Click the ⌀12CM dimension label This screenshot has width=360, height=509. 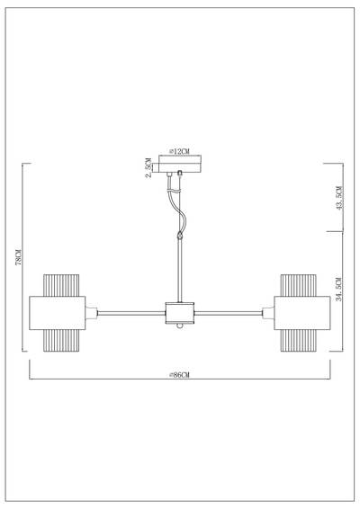[180, 152]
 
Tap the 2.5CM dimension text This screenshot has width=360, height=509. [148, 169]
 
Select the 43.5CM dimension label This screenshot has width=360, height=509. [337, 197]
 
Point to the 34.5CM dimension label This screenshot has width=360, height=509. [337, 292]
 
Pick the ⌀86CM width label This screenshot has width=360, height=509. [179, 375]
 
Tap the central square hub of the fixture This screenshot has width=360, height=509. [179, 314]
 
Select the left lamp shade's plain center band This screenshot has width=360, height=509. [58, 314]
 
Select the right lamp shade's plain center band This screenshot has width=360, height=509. [301, 314]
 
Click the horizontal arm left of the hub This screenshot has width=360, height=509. [130, 314]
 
